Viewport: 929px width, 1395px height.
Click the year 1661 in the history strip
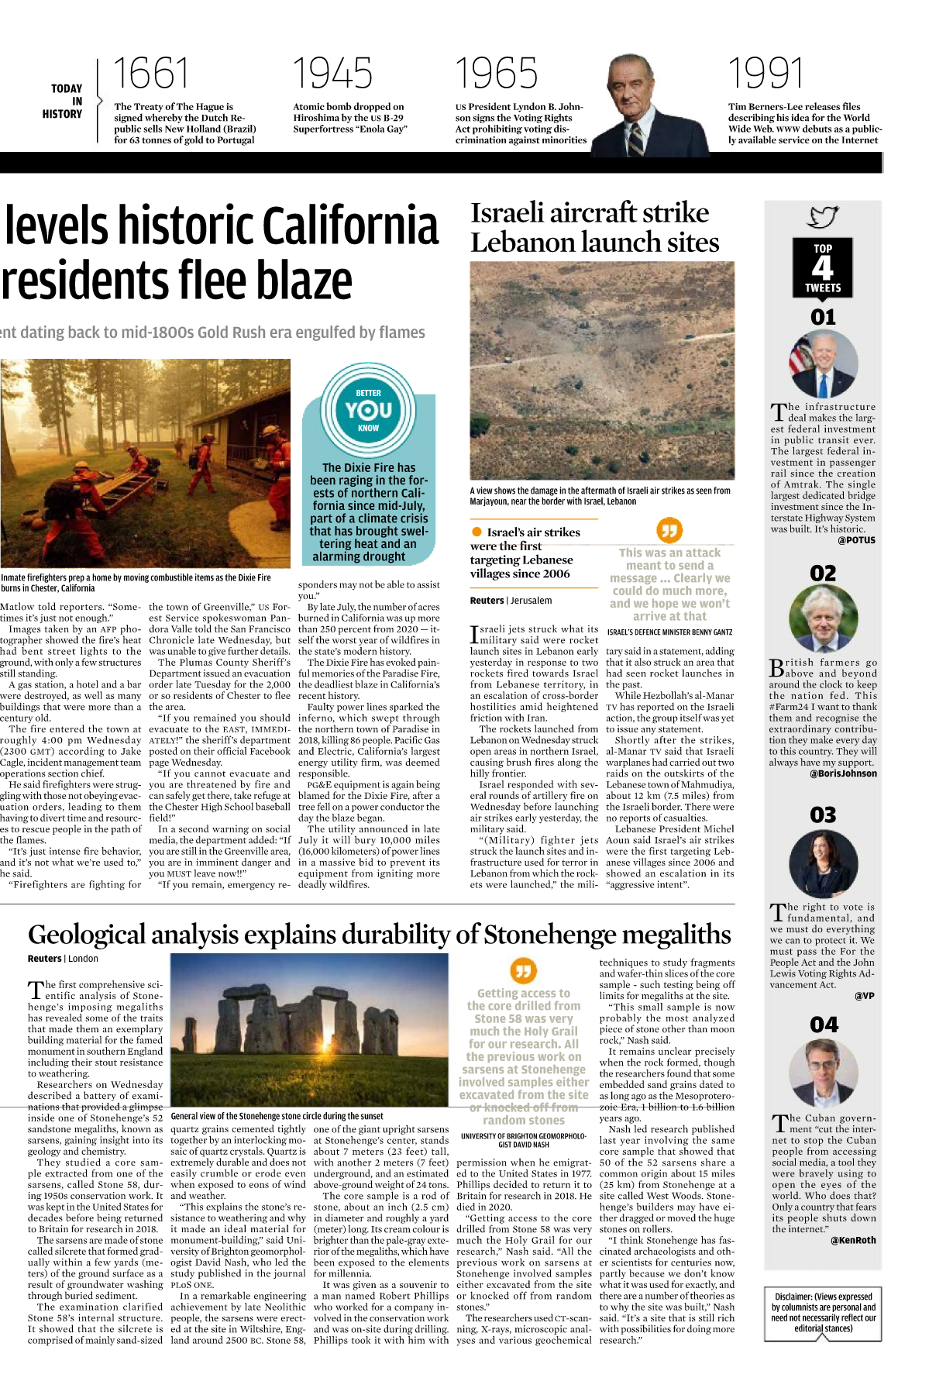click(151, 74)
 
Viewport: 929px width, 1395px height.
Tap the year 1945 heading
click(333, 74)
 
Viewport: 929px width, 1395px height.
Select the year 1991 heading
click(766, 74)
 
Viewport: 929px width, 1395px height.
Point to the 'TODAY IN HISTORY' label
click(64, 102)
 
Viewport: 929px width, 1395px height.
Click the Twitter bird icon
click(822, 216)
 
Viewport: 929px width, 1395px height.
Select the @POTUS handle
click(856, 540)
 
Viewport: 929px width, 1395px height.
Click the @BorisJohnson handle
click(843, 773)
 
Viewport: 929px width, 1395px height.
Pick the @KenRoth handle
click(853, 1240)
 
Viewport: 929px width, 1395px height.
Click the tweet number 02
click(823, 573)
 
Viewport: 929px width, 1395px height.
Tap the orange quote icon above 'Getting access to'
click(524, 970)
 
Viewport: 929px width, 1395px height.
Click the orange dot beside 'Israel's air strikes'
click(477, 532)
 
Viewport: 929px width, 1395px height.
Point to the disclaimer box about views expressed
click(823, 1312)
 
